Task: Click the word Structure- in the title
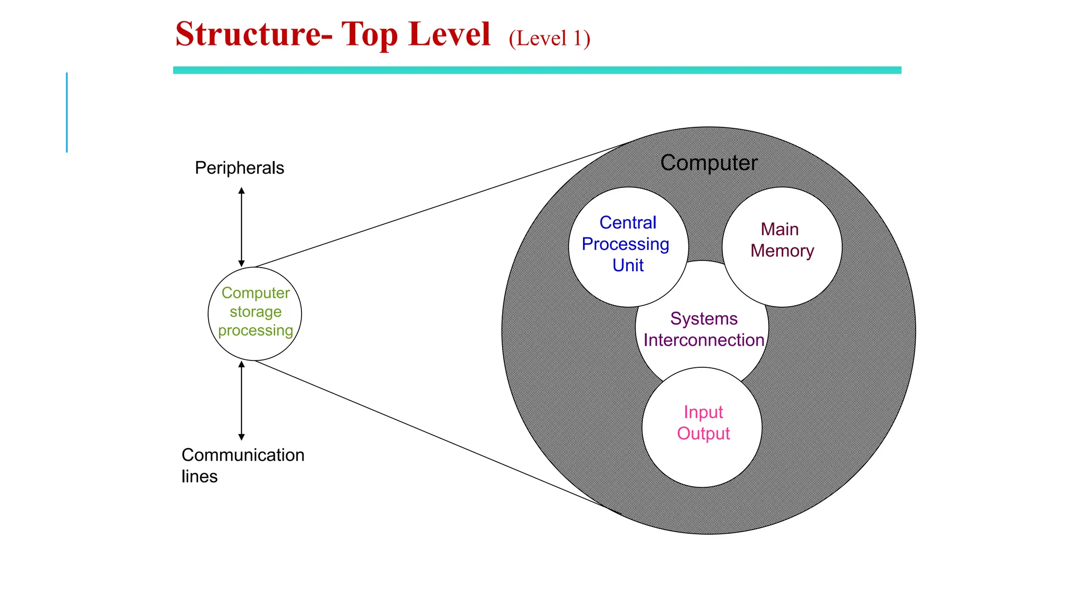coord(253,34)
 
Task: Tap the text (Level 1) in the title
coord(549,39)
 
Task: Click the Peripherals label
coord(239,168)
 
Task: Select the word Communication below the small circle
coord(242,455)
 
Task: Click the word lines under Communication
coord(199,476)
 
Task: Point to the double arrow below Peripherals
coord(241,227)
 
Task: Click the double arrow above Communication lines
coord(241,400)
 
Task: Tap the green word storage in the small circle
coord(256,312)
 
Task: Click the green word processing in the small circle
coord(256,331)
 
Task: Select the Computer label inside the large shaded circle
coord(708,163)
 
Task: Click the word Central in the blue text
coord(627,223)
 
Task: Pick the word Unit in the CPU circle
coord(628,265)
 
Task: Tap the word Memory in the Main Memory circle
coord(782,251)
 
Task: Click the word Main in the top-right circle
coord(780,230)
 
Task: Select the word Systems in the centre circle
coord(703,319)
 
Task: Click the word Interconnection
coord(703,340)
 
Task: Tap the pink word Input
coord(703,413)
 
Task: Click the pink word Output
coord(703,434)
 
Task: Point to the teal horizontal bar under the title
coord(537,70)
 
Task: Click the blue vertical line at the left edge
coord(67,112)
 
